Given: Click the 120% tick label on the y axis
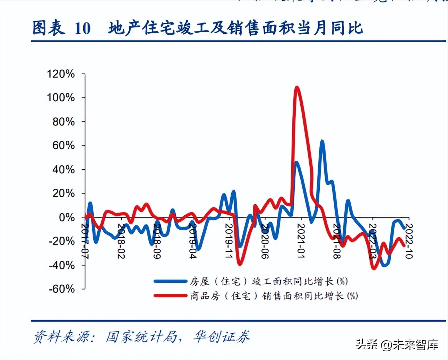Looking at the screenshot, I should [61, 74].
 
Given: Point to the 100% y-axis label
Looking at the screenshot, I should [61, 97].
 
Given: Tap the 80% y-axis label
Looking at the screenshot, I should [63, 122].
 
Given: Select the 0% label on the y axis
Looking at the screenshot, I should [67, 217].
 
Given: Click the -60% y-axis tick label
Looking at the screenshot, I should [62, 289].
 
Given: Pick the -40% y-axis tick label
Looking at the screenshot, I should [62, 265].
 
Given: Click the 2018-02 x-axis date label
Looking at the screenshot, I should [121, 241].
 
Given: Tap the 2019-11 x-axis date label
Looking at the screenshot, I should [229, 241].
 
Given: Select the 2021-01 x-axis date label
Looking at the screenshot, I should [301, 241].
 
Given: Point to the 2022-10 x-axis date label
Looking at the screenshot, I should [408, 241].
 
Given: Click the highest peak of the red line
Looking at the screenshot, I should [297, 87].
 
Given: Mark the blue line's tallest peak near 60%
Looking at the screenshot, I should [322, 141].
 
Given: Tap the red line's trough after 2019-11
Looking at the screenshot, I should [240, 264].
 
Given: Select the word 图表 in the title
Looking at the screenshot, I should [49, 28].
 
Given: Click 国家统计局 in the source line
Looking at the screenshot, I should [141, 336].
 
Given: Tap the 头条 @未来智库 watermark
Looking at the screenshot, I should [397, 344].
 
